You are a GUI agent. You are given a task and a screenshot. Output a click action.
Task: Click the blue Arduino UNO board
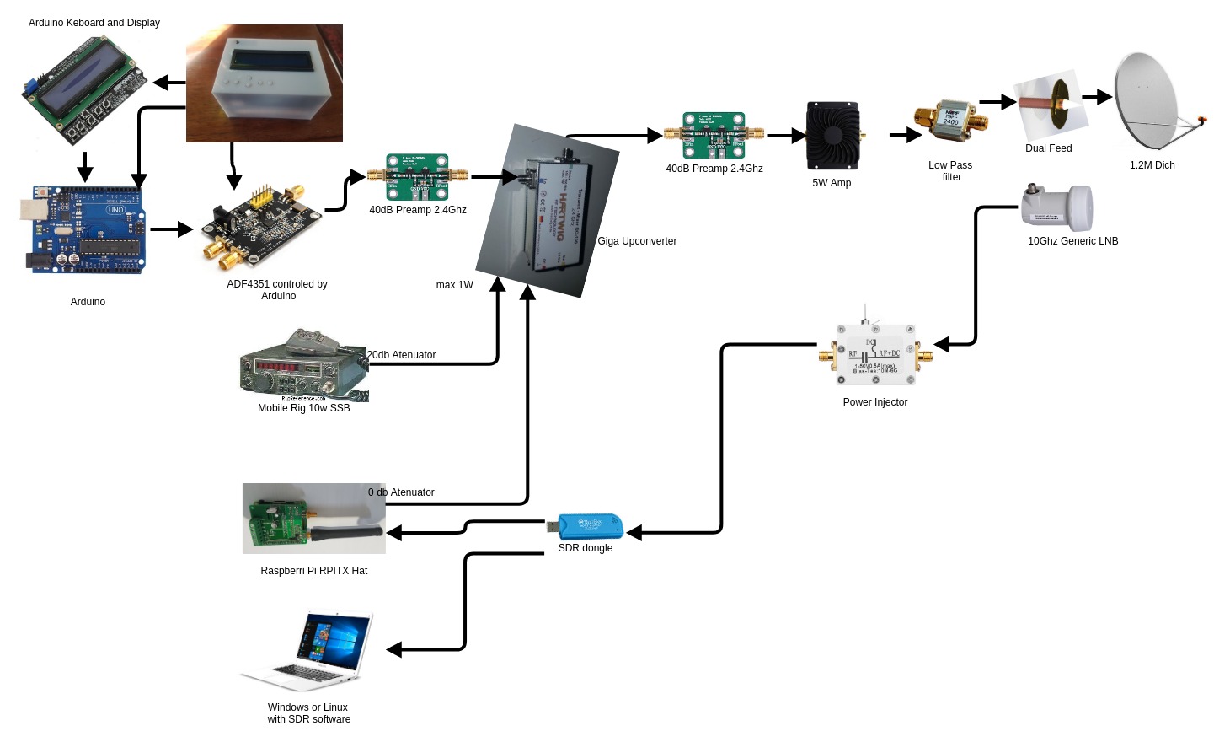pos(84,229)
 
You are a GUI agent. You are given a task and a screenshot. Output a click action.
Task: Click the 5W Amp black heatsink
pos(832,136)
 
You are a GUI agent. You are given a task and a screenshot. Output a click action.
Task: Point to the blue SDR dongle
pos(590,527)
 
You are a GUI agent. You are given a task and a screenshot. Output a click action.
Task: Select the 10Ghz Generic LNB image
pos(1057,207)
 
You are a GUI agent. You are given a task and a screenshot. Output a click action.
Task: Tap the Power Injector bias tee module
pos(874,354)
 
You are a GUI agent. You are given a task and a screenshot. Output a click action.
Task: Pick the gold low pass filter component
pos(951,122)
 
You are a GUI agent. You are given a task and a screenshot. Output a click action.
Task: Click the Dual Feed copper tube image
pos(1048,105)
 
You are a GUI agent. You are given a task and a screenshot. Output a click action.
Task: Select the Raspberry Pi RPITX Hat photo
pos(313,519)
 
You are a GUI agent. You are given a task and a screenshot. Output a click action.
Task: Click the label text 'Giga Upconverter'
pos(637,241)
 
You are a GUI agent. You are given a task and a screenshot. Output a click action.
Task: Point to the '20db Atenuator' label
pos(402,355)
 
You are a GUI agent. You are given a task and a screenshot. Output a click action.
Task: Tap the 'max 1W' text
pos(454,285)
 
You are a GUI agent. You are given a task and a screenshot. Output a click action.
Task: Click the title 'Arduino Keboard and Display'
pos(94,23)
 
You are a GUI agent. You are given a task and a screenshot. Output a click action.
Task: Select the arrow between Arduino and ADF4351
pos(172,229)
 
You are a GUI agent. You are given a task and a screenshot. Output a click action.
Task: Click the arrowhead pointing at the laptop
pos(394,649)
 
